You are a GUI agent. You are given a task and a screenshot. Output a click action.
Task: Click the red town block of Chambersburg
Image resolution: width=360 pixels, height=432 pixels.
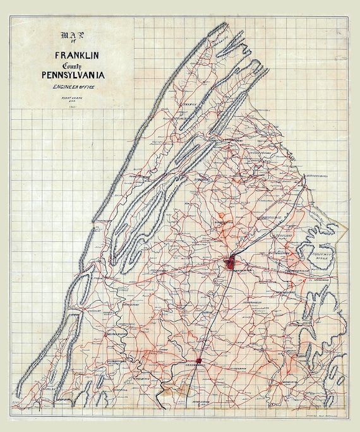pyautogui.click(x=232, y=261)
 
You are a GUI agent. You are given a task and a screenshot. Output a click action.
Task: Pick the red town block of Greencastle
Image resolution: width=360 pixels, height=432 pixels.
pyautogui.click(x=200, y=361)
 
